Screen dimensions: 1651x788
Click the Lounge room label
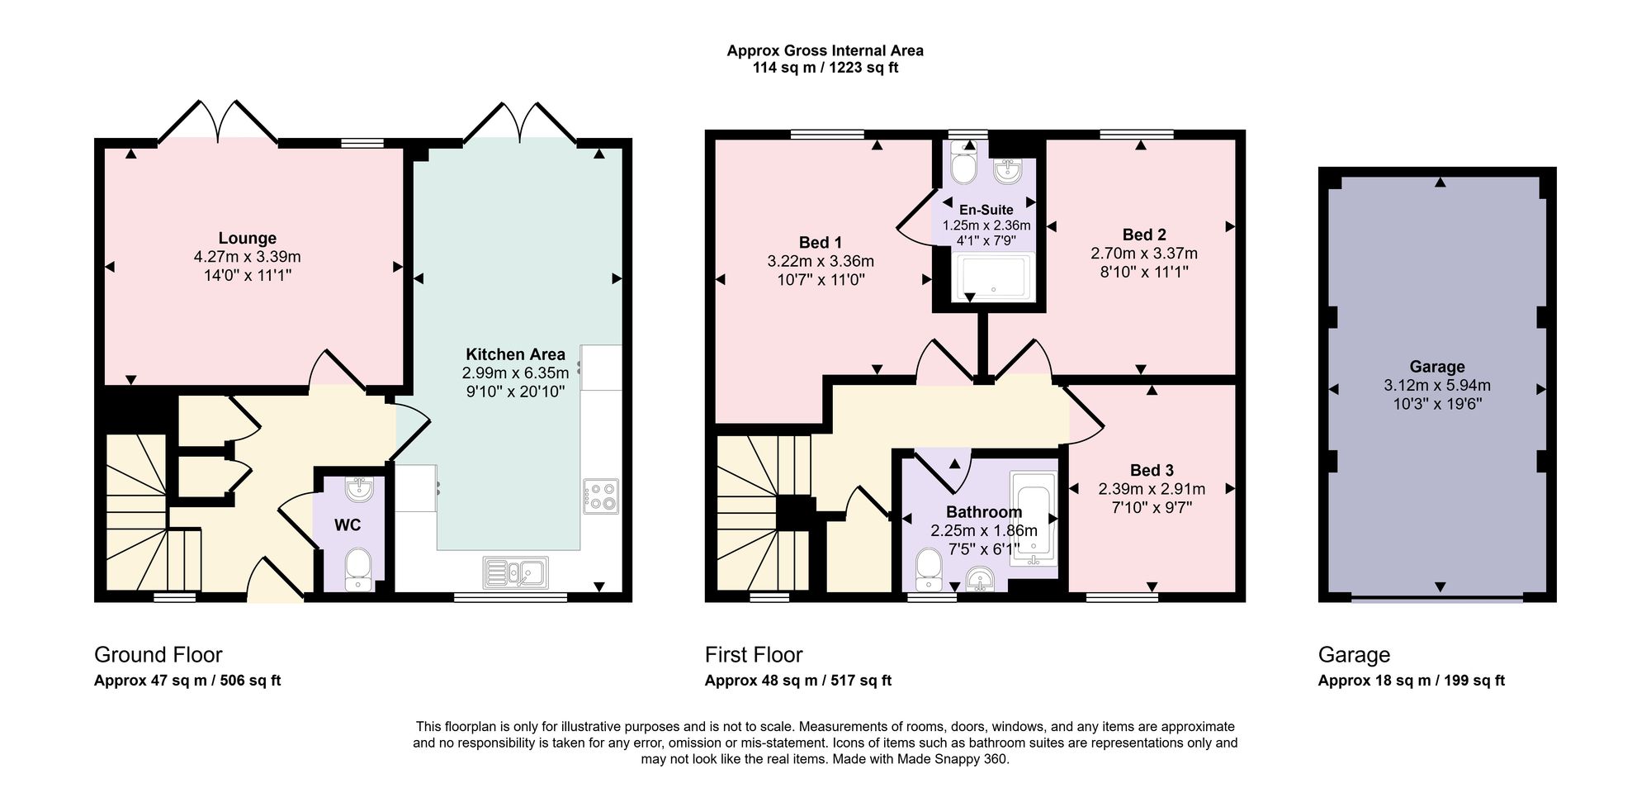(247, 238)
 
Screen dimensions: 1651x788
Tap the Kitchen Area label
(515, 354)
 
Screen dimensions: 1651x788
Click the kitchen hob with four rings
(600, 496)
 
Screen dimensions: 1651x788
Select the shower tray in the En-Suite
(993, 277)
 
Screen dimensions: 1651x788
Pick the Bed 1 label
(821, 242)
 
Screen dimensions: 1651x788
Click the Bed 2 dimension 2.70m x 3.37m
(1144, 254)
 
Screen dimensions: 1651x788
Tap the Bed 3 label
(1152, 470)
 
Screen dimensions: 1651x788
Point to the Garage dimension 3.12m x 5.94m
(1437, 385)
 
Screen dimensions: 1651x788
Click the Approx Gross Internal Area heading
(825, 50)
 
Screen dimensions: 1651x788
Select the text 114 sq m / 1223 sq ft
(825, 68)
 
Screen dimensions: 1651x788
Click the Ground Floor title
(158, 655)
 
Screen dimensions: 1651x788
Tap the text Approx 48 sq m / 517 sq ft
(798, 681)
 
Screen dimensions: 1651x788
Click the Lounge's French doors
(218, 122)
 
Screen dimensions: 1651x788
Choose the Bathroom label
(984, 512)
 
